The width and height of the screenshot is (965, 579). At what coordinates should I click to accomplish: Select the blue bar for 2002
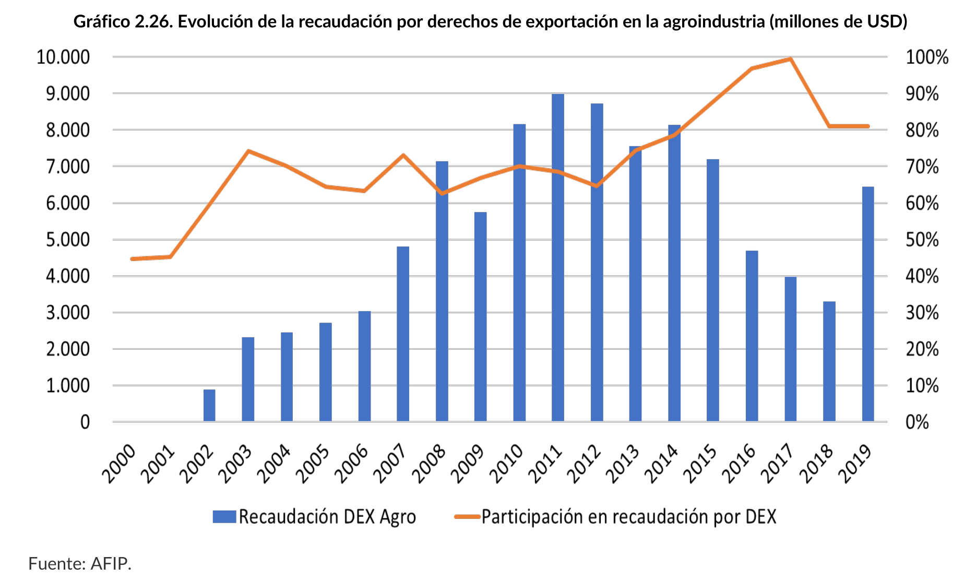tap(209, 405)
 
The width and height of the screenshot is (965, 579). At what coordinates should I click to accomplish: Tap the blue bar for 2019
tap(867, 304)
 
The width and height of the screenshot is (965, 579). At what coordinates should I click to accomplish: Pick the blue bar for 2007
tap(403, 334)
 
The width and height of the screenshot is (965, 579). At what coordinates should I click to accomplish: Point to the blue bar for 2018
tap(829, 361)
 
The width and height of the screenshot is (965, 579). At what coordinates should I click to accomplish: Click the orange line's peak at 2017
tap(791, 60)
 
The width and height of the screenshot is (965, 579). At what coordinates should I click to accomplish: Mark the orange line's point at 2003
tap(248, 151)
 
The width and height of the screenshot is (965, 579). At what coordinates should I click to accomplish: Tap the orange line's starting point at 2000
tap(133, 259)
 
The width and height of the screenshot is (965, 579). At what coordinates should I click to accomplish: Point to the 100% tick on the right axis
tap(927, 57)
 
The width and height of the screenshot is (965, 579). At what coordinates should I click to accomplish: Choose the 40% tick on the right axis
tap(922, 276)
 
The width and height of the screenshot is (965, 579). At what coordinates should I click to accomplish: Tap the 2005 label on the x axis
tap(312, 464)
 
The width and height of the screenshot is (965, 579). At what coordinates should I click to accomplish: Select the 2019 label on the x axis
tap(854, 464)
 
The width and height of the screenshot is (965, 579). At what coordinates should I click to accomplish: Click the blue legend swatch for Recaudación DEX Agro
tap(224, 517)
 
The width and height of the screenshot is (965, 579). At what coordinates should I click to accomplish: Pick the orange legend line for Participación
tap(467, 517)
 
